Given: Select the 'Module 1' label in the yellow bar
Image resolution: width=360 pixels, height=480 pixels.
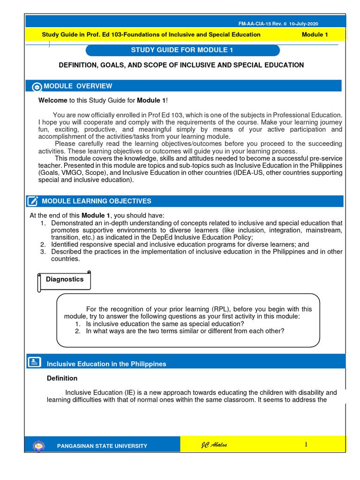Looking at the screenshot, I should pos(315,35).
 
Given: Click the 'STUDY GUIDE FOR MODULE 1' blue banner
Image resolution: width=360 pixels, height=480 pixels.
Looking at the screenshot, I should pos(183,50).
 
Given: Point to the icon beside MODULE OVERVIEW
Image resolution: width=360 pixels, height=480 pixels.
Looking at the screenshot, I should pos(37,87).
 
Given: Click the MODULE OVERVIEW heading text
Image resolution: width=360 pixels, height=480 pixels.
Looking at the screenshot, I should pos(78,86).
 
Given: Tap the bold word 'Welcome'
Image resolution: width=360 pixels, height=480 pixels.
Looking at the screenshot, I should pos(53,101).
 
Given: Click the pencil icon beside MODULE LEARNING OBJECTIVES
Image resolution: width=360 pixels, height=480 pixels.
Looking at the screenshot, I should pos(33,202).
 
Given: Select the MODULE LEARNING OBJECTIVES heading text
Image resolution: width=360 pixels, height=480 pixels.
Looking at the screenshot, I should pos(97,201).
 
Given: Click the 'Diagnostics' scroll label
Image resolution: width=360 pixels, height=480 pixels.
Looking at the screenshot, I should pos(65,279).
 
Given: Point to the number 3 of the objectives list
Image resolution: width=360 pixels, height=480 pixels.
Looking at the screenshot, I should pos(42,252).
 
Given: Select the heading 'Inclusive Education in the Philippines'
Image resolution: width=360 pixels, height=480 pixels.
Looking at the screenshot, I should pos(106,364).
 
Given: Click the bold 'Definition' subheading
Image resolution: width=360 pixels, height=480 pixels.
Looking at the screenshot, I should pos(62,378).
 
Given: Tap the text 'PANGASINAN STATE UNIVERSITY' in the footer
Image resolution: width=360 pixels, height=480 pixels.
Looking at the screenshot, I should pos(102,446).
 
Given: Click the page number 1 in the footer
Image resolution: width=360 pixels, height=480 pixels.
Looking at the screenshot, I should pos(306,444).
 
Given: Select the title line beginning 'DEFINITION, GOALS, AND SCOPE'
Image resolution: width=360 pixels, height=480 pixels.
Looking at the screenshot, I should pos(181,65).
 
